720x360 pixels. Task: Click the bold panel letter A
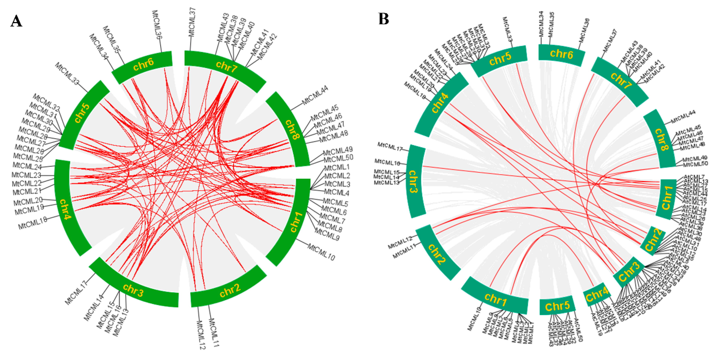click(x=16, y=21)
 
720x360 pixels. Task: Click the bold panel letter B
click(x=384, y=19)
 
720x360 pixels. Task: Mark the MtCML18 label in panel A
click(x=33, y=222)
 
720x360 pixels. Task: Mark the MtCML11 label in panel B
click(x=404, y=251)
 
